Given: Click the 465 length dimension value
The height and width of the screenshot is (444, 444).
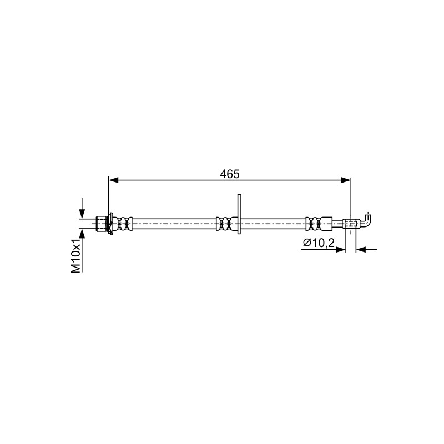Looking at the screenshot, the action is (x=230, y=174).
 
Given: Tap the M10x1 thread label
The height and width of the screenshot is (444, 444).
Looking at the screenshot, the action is (x=76, y=256).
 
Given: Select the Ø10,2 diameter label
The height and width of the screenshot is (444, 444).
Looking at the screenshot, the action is (x=319, y=243).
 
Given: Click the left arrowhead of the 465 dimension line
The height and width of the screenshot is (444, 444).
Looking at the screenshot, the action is (x=114, y=180).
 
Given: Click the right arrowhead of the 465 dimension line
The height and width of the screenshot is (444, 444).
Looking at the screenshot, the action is (x=346, y=180).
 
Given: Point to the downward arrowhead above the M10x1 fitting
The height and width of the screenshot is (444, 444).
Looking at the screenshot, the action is (x=82, y=214).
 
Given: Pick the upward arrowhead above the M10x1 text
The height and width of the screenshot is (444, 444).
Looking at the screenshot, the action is (x=82, y=234).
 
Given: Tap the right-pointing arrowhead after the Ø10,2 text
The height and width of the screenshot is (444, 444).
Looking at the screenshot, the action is (x=341, y=249).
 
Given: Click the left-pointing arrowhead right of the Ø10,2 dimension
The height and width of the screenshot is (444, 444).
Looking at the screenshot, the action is (x=361, y=249).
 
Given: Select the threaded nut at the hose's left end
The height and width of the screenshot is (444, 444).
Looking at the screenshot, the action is (x=102, y=224).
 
